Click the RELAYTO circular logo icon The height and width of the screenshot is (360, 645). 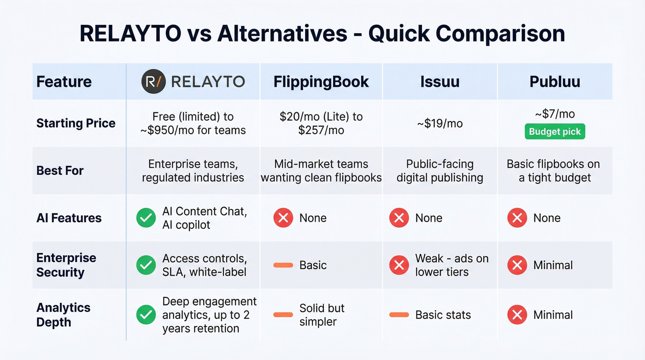[x=152, y=82]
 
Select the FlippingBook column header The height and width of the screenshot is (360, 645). [x=321, y=82]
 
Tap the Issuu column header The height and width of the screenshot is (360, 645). [x=440, y=82]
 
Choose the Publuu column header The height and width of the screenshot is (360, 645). [x=555, y=82]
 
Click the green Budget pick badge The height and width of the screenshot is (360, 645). [x=555, y=132]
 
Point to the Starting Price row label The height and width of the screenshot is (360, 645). [x=76, y=123]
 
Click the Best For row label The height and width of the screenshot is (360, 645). [x=60, y=171]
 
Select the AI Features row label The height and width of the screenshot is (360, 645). [x=69, y=218]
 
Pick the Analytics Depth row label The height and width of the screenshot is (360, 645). [x=63, y=315]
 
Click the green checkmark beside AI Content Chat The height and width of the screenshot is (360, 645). [x=146, y=218]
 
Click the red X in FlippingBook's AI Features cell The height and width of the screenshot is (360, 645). [x=283, y=218]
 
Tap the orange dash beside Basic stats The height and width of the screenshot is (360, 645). [x=399, y=315]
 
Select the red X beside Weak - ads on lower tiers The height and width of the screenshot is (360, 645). [x=399, y=265]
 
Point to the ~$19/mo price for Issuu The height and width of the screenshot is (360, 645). [x=440, y=123]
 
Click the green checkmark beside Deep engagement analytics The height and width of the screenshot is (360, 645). [x=146, y=315]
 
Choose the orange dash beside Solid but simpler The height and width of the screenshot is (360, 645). [x=283, y=315]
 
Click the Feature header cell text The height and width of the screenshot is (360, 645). [x=64, y=82]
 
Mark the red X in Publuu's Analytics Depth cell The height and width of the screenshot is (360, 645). [x=517, y=315]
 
